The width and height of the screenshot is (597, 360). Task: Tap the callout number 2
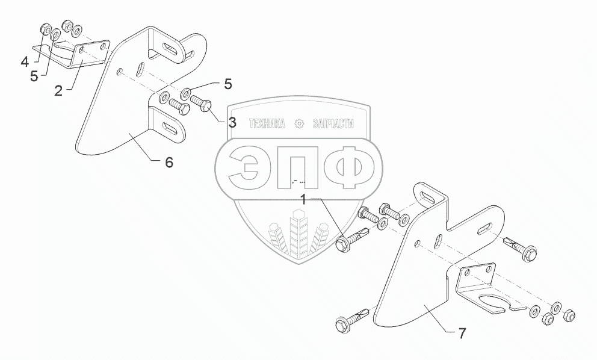tap(58, 90)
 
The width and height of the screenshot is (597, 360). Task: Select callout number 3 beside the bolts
tap(232, 122)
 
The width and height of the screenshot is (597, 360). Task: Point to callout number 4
tap(24, 61)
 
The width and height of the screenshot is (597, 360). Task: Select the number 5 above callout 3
tap(227, 84)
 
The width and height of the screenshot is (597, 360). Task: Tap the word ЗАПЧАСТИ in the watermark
tap(333, 123)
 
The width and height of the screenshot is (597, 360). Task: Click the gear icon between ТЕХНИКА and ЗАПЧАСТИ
tap(298, 123)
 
